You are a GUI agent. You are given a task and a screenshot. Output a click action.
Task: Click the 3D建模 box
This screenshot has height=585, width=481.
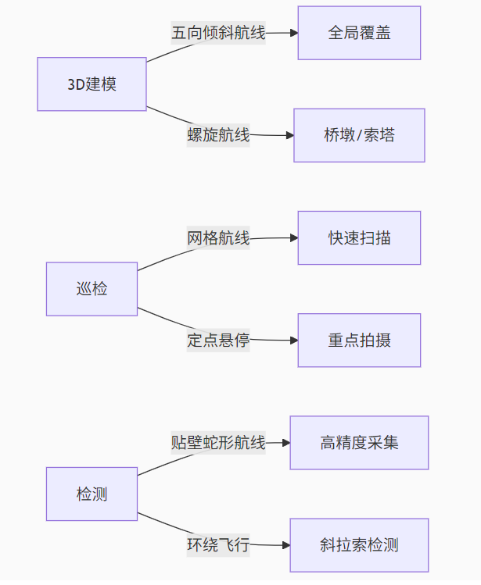click(x=92, y=84)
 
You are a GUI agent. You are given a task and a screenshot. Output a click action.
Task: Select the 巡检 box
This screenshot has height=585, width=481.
click(x=92, y=289)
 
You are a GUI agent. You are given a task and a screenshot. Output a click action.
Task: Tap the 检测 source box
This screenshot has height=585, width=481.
click(x=92, y=494)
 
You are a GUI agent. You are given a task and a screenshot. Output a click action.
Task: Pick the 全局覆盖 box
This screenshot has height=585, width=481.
click(x=359, y=33)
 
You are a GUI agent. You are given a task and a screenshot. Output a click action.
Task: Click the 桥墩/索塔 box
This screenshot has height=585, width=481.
click(x=359, y=135)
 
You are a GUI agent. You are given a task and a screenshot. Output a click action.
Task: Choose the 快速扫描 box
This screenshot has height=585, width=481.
click(x=359, y=238)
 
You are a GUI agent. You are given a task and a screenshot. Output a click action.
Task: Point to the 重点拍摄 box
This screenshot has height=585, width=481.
click(x=359, y=341)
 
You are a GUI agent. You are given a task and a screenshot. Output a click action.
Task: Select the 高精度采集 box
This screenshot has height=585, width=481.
click(x=359, y=443)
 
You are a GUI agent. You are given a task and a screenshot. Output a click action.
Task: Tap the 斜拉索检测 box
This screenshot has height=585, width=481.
click(x=359, y=545)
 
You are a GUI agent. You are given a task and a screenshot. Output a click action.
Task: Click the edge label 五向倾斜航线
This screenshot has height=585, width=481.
click(x=218, y=33)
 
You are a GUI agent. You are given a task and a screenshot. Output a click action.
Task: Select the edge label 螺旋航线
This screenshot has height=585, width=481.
click(x=218, y=135)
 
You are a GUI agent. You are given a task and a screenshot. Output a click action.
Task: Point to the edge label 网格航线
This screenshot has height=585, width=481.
click(x=218, y=238)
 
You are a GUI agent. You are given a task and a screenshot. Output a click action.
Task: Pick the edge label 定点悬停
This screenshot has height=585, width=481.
click(x=218, y=341)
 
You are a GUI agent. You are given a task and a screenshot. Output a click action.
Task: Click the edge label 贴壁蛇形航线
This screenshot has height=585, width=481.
click(x=218, y=443)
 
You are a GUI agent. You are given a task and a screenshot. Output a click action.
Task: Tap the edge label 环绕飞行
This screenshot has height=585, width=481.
click(x=218, y=545)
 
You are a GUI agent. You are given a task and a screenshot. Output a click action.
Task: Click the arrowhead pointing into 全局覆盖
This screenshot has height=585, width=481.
click(x=293, y=33)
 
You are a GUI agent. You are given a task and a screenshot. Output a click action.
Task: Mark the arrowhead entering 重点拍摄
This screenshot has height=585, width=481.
click(x=293, y=341)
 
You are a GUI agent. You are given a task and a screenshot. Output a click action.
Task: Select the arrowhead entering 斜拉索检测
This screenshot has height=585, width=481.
click(x=285, y=545)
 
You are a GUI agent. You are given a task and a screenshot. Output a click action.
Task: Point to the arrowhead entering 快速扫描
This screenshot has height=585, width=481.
click(x=293, y=238)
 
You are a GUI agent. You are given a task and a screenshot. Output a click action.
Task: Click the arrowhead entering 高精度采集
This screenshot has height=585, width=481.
click(x=285, y=443)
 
